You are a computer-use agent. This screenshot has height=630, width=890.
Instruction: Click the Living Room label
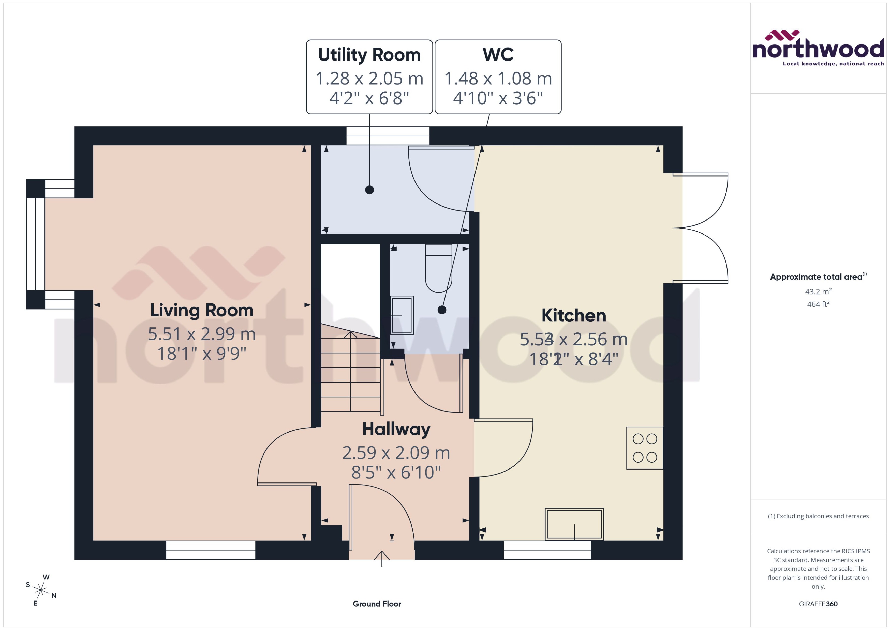pyautogui.click(x=202, y=310)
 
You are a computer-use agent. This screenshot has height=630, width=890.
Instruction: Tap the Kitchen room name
pyautogui.click(x=574, y=315)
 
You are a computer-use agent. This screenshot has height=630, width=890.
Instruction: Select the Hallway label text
pyautogui.click(x=396, y=429)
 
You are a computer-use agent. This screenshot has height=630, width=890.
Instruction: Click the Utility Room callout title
pyautogui.click(x=369, y=55)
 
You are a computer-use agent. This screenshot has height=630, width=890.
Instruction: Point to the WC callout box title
pyautogui.click(x=498, y=55)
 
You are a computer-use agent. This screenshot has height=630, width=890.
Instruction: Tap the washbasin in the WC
pyautogui.click(x=402, y=315)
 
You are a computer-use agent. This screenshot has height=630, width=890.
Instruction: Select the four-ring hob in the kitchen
pyautogui.click(x=645, y=448)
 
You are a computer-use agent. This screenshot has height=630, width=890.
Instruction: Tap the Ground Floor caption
pyautogui.click(x=377, y=604)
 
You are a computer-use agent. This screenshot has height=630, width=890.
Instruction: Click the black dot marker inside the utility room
pyautogui.click(x=369, y=190)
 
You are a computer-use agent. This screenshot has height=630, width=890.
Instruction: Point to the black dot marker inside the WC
pyautogui.click(x=442, y=310)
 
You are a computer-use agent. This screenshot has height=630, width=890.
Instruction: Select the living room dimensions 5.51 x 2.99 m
pyautogui.click(x=202, y=334)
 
